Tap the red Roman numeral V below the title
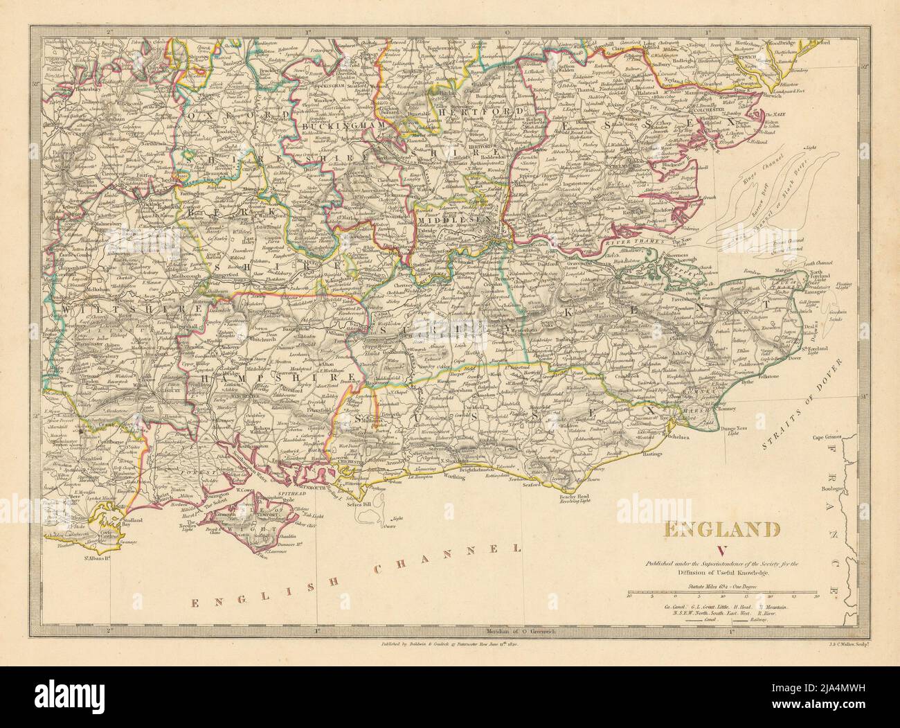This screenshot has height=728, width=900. tap(722, 551)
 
